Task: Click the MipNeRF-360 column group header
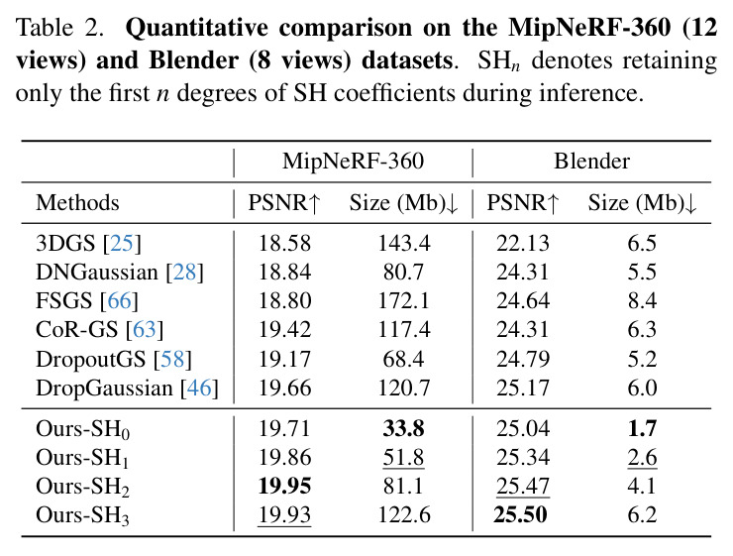coord(353,162)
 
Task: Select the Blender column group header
coord(591,162)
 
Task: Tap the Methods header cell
coord(77,203)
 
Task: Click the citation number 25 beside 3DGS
coord(122,243)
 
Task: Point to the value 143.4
coord(404,243)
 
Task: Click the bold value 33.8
coord(404,428)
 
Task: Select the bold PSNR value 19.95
coord(284,486)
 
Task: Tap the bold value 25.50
coord(521,514)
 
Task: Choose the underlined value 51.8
coord(403,457)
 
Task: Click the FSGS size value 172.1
coord(404,300)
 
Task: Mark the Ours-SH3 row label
coord(82,515)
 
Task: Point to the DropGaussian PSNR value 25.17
coord(523,388)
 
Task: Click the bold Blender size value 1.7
coord(642,428)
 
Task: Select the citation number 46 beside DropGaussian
coord(199,388)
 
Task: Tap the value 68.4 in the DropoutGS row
coord(403,359)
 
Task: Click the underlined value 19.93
coord(284,514)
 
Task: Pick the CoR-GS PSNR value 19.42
coord(284,330)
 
